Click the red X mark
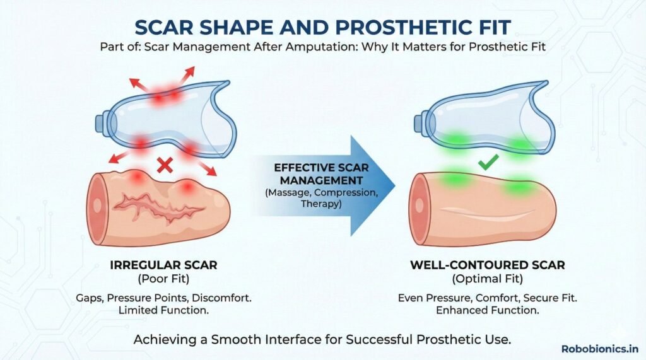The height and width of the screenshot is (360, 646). click(165, 166)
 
